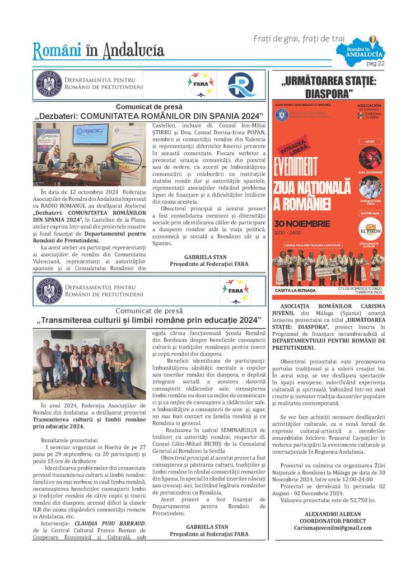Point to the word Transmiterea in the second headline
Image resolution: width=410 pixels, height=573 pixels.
click(x=71, y=320)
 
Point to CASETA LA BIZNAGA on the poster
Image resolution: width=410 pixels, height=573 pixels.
click(x=296, y=290)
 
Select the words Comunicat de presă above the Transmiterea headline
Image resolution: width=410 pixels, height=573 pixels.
click(x=150, y=311)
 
